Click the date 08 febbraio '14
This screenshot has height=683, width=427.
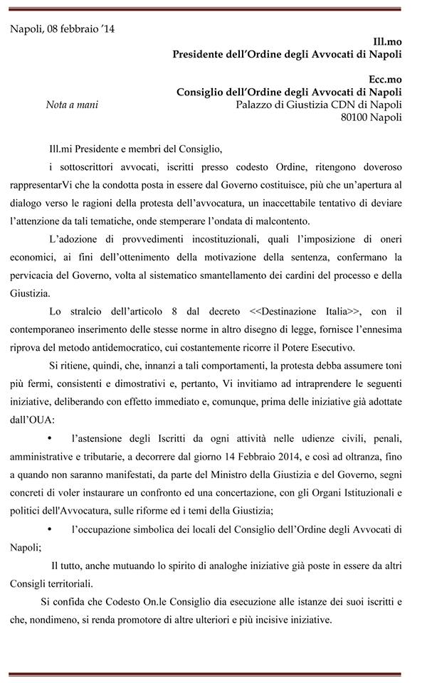click(x=78, y=29)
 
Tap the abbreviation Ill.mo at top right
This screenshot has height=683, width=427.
click(x=387, y=42)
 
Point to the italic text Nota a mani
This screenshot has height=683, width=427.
click(x=71, y=105)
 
